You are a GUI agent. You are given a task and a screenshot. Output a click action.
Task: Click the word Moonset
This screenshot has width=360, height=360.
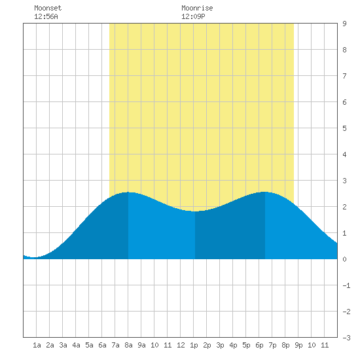pos(48,8)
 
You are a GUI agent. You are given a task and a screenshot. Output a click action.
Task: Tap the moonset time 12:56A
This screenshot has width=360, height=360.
pos(46,16)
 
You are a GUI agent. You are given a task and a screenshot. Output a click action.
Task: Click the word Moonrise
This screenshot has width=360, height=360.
pos(197,8)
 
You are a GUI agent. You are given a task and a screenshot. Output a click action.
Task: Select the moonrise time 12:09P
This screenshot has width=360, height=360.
pos(193,16)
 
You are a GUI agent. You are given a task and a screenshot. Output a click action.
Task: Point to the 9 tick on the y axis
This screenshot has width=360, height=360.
pos(344,24)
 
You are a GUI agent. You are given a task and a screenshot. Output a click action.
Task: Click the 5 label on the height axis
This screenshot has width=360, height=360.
pos(344,128)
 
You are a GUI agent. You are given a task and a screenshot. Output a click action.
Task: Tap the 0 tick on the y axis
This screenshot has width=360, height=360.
pos(344,259)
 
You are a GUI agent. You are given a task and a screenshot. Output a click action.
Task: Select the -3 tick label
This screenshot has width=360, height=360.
pos(346,338)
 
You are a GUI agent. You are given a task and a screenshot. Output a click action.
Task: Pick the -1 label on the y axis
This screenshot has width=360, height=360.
pos(346,285)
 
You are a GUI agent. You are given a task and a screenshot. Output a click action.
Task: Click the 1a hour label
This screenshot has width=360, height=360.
pos(37,345)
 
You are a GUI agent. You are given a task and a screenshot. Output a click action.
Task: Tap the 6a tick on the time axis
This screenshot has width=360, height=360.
pos(102,345)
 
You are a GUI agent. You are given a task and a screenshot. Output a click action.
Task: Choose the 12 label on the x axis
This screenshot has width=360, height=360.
pos(181,345)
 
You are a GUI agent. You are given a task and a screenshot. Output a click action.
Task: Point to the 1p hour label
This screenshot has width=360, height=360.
pos(194,345)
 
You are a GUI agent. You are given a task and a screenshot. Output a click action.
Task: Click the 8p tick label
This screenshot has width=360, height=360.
pos(285,345)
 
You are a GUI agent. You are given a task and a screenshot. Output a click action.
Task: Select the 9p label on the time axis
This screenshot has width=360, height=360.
pos(298,345)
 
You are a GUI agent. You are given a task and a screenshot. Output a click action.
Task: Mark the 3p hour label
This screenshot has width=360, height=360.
pos(220,345)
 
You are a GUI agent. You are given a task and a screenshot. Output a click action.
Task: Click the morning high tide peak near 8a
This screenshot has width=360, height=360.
pos(128,192)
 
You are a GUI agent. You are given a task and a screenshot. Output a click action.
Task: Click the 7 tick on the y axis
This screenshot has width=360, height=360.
pos(344,76)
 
